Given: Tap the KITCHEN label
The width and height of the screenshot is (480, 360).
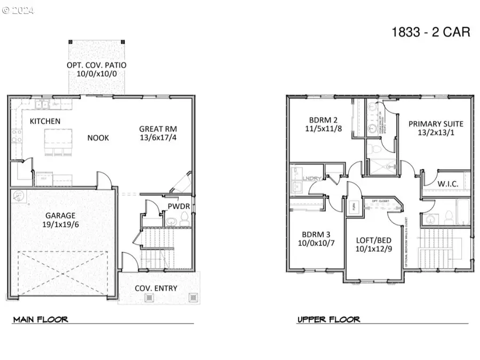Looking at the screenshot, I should [45, 121].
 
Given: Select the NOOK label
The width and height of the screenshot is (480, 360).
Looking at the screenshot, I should [98, 138].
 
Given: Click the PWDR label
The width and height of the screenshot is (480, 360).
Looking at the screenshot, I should [178, 205].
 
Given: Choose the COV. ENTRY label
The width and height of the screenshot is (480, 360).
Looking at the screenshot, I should [156, 289].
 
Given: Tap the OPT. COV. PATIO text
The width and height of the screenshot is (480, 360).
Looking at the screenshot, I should [96, 66].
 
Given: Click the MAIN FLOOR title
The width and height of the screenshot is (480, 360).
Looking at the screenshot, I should [41, 319].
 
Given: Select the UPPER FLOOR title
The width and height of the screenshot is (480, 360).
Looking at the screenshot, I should [329, 319].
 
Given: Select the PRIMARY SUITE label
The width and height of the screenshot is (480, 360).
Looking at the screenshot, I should [436, 124].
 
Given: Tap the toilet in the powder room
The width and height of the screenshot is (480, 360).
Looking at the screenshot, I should [184, 218].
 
